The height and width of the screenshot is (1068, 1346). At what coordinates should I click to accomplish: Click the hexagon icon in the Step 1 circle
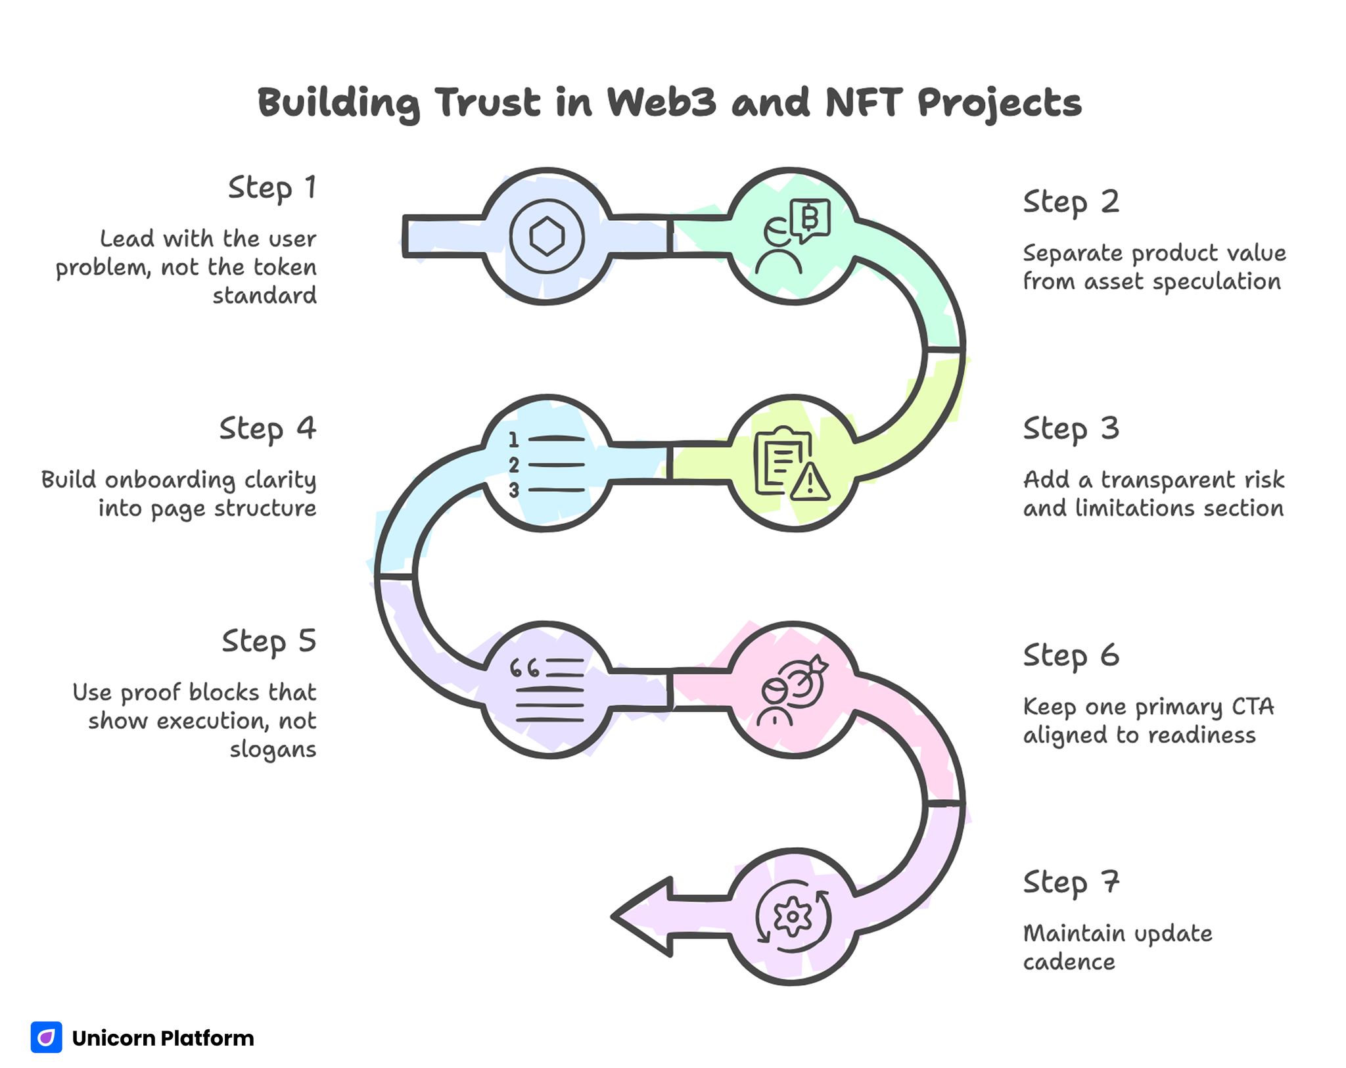point(547,237)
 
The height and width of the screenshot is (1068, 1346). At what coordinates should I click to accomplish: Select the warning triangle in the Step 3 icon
point(810,483)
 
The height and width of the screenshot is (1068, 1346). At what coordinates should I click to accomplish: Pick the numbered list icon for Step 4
point(547,465)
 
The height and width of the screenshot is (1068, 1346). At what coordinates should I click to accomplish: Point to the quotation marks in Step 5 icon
point(525,669)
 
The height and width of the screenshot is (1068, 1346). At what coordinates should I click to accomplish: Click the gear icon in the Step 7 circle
point(793,916)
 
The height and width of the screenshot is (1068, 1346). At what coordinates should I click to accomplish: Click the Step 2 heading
point(1071,202)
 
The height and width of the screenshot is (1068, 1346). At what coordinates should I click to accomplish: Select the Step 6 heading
point(1071,656)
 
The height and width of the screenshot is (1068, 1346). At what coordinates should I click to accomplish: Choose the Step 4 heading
point(267,429)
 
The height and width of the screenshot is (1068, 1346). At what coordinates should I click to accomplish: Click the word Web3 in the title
point(661,103)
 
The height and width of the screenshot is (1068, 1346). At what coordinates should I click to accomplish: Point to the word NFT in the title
point(862,103)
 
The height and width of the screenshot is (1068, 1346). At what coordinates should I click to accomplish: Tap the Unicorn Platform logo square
point(47,1037)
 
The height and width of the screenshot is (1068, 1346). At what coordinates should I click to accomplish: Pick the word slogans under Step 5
point(273,750)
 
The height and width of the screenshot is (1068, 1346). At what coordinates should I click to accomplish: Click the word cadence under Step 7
point(1069,962)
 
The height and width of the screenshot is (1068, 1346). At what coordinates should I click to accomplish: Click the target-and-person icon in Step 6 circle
point(793,690)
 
